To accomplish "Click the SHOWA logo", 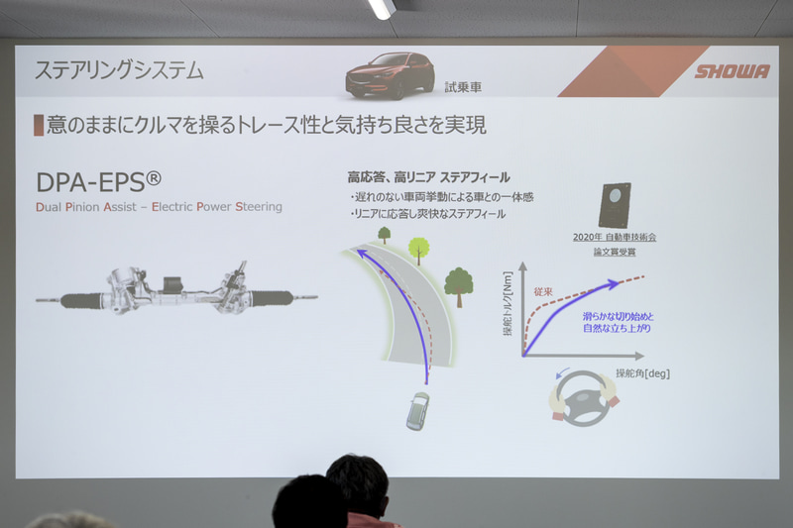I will [x=731, y=71].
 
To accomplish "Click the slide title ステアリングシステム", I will [x=119, y=70].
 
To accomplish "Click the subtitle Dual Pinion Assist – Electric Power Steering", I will [x=159, y=207].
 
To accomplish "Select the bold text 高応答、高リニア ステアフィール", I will [x=428, y=177].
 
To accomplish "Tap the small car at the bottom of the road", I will [x=418, y=409].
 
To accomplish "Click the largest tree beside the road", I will [x=458, y=283].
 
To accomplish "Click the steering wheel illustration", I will [x=584, y=397].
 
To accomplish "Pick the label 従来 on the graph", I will [x=542, y=293].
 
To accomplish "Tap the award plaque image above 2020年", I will [x=616, y=206].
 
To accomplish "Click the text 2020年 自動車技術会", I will [x=615, y=238].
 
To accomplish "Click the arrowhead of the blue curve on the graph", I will [x=616, y=284].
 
